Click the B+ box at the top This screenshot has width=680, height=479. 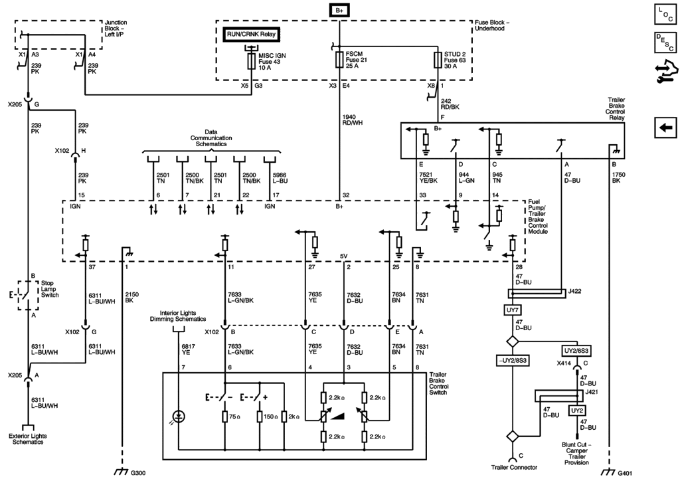click(339, 11)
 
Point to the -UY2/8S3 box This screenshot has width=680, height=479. click(513, 359)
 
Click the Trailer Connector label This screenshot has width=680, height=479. click(513, 467)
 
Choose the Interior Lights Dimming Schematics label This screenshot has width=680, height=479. click(183, 316)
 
